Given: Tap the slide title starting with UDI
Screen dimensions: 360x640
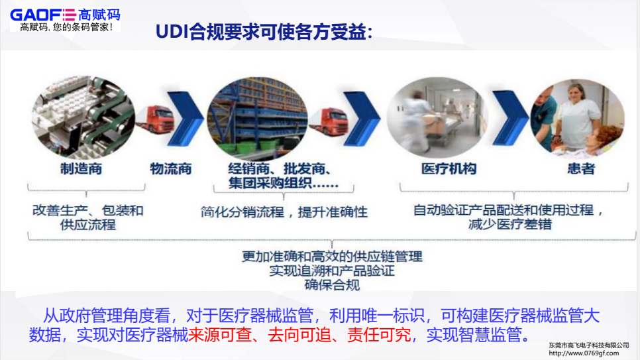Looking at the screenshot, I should click(x=264, y=32).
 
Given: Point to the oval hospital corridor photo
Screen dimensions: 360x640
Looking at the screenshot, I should click(x=437, y=116).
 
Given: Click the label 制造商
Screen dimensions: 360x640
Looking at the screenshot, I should click(x=81, y=169).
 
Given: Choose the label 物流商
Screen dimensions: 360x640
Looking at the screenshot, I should click(x=170, y=169).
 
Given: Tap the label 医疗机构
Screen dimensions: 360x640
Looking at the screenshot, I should click(x=449, y=169).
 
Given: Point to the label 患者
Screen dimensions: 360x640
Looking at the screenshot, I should click(x=580, y=169).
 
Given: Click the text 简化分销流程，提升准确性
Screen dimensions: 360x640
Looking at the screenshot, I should click(x=284, y=212).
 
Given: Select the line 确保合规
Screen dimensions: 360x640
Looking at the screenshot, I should click(x=332, y=285).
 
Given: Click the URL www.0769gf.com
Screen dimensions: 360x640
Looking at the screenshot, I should click(x=589, y=353).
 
